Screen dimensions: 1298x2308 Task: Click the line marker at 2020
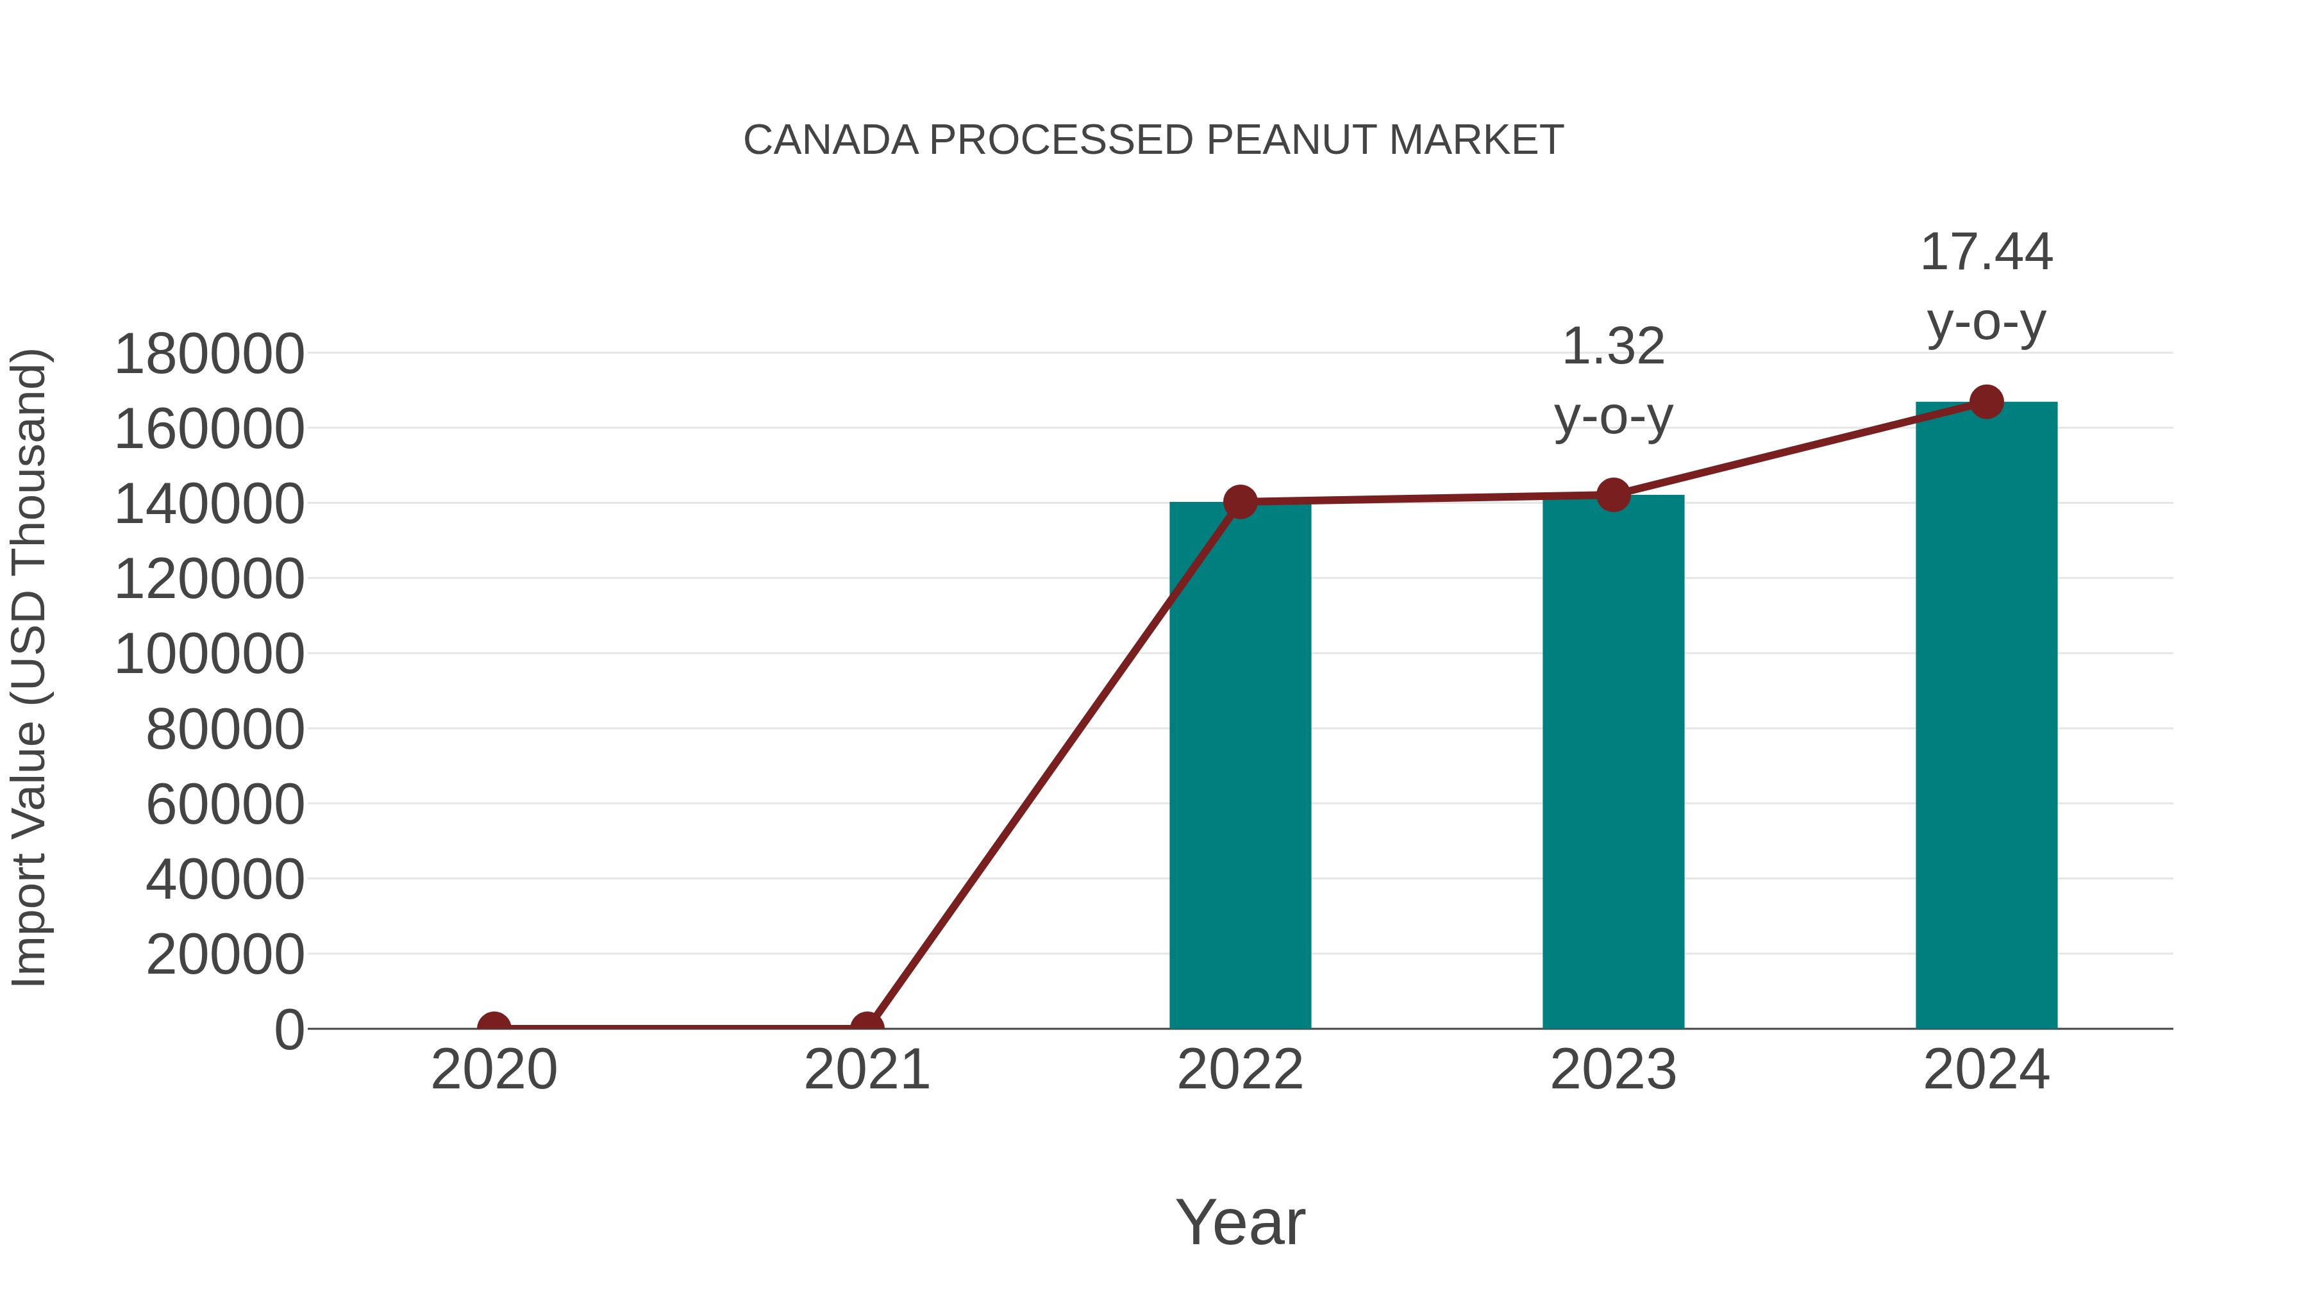point(494,1027)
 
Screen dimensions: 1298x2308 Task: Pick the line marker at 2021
point(866,1027)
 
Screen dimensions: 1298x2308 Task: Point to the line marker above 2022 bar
point(1240,502)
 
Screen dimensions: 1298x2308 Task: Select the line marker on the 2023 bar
point(1613,494)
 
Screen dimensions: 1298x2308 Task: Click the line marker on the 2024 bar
point(1986,402)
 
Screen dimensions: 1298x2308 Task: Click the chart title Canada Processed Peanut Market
point(1153,140)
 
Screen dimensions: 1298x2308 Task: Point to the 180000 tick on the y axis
point(210,354)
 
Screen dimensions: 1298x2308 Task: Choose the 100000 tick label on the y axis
point(210,654)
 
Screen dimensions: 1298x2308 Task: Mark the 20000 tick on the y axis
point(225,955)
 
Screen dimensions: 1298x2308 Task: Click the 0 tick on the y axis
point(289,1030)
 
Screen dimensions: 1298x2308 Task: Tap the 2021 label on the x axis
point(866,1070)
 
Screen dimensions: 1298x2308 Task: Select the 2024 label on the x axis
point(1986,1070)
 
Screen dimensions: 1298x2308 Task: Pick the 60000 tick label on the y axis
point(225,804)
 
